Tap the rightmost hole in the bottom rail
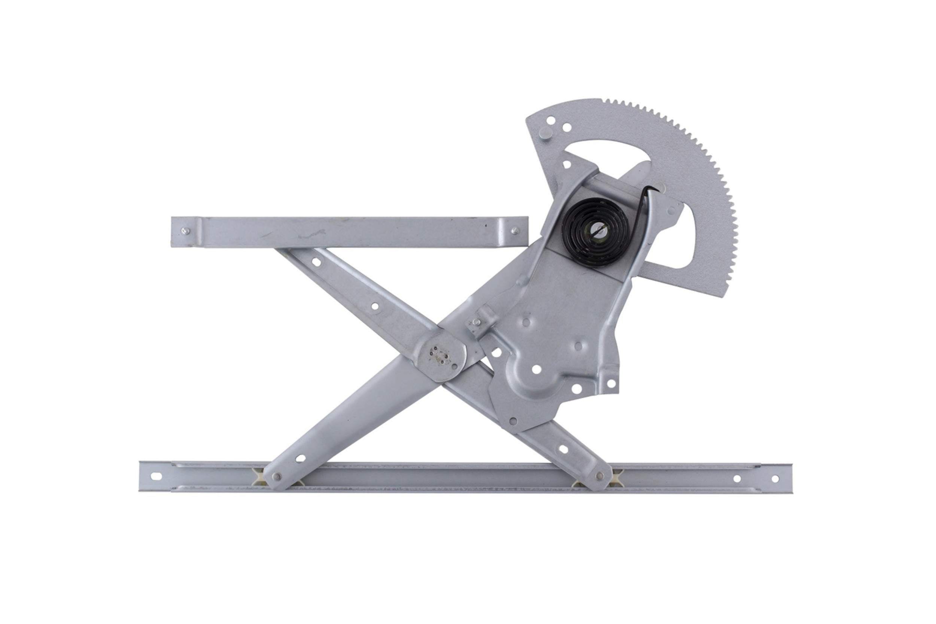tap(775, 479)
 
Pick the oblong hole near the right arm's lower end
tap(563, 449)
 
